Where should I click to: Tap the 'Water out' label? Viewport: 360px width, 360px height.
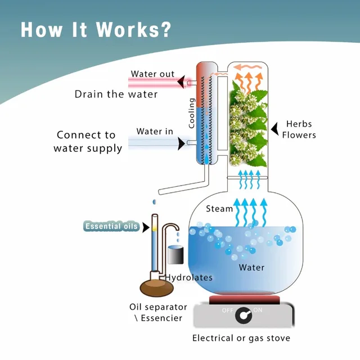tap(152, 74)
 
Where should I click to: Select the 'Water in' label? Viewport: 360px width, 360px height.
tap(154, 132)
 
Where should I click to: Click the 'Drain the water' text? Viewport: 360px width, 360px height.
tap(116, 94)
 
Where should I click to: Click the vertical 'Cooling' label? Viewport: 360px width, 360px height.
tap(192, 112)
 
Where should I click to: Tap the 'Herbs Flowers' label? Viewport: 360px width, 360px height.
tap(299, 129)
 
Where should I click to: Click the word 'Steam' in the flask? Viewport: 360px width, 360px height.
tap(219, 209)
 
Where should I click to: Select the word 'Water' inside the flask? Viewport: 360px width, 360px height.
tap(251, 267)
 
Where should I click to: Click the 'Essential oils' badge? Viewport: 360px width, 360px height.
tap(111, 227)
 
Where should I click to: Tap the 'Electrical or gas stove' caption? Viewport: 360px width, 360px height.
tap(241, 338)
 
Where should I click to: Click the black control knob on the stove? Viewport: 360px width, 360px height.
tap(244, 316)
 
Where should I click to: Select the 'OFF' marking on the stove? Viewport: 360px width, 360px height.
tap(227, 310)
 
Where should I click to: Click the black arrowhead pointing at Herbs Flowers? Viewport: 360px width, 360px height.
tap(275, 129)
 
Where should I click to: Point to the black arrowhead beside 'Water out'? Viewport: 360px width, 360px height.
tap(181, 83)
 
